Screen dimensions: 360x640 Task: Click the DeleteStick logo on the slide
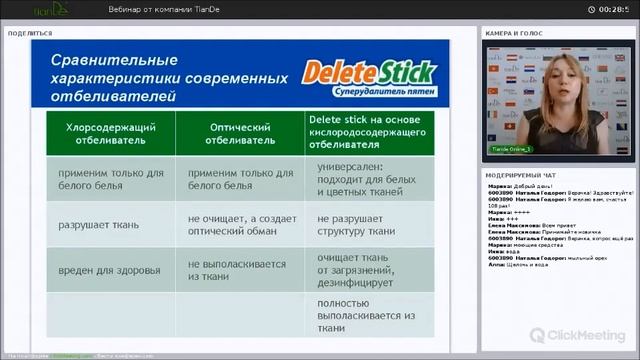click(370, 72)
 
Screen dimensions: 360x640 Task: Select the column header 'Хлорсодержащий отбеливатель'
click(110, 134)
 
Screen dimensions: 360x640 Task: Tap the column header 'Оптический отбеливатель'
click(241, 134)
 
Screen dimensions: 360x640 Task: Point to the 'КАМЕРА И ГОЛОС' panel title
click(514, 33)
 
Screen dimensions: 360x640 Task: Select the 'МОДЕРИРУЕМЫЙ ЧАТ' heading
click(520, 173)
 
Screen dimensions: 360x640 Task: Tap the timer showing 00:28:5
click(613, 9)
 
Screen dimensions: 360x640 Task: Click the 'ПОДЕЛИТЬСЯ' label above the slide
click(30, 33)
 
